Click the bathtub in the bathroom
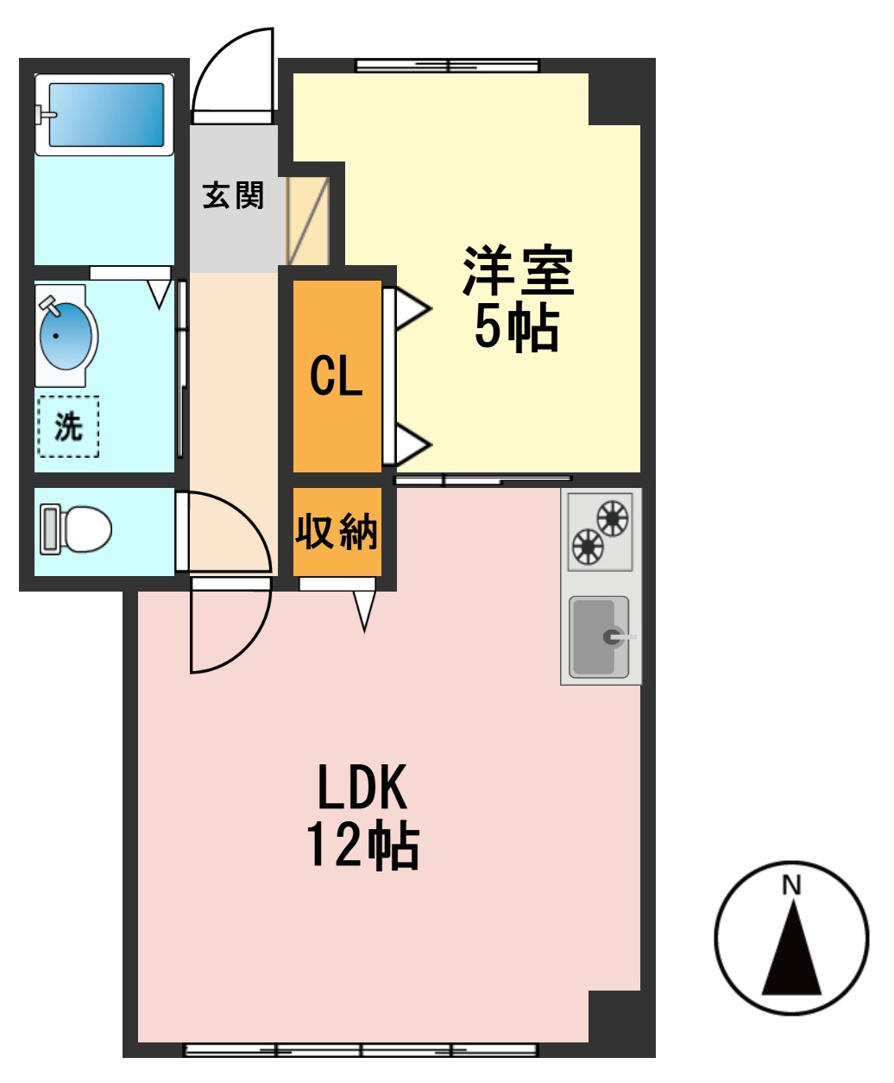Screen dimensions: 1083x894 105,114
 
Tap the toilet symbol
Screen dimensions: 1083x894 78,529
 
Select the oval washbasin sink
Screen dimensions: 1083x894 66,336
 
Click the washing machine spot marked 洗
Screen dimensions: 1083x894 68,426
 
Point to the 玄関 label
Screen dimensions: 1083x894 233,195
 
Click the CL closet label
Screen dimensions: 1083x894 336,377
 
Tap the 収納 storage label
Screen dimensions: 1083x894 337,531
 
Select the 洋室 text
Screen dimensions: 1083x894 518,271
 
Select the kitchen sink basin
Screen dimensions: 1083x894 599,637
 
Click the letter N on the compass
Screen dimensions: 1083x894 791,886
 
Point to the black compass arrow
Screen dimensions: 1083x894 791,954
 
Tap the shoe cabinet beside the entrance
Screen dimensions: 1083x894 308,221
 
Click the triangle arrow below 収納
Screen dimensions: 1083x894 364,611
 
